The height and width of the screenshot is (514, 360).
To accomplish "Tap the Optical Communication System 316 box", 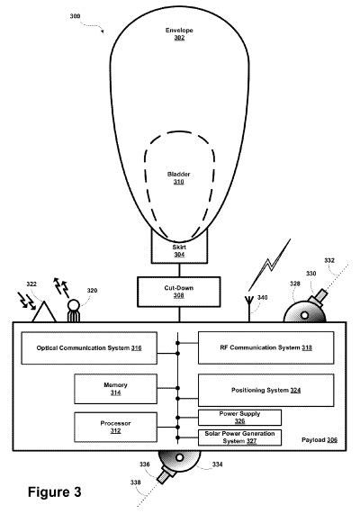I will pyautogui.click(x=89, y=347).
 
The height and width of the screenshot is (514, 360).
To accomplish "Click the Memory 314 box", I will pyautogui.click(x=114, y=388).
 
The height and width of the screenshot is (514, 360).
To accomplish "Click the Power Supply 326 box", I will pyautogui.click(x=238, y=417).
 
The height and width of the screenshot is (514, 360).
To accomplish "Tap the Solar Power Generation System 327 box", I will pyautogui.click(x=238, y=437).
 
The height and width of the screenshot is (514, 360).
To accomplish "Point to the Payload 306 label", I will pyautogui.click(x=319, y=440).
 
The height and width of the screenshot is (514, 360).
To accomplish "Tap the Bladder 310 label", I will pyautogui.click(x=179, y=178).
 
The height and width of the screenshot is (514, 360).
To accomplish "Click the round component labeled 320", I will pyautogui.click(x=74, y=310).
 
